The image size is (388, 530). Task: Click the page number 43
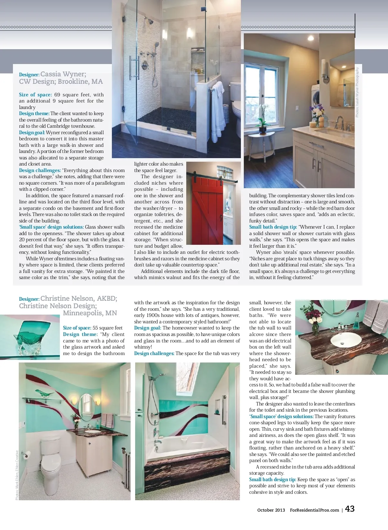pyautogui.click(x=350, y=509)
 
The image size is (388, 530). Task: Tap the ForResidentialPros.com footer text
pyautogui.click(x=314, y=510)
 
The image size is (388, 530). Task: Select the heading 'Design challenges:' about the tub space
pyautogui.click(x=154, y=353)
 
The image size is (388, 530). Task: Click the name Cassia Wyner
pyautogui.click(x=63, y=74)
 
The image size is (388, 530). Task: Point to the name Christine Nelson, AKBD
pyautogui.click(x=79, y=298)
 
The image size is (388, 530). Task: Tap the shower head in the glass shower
pyautogui.click(x=149, y=21)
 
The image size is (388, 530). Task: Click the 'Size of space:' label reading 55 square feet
pyautogui.click(x=77, y=328)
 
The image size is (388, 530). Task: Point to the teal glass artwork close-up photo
pyautogui.click(x=30, y=337)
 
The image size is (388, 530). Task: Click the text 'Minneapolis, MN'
pyautogui.click(x=90, y=313)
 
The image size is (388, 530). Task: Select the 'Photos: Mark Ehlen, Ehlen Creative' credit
pyautogui.click(x=17, y=475)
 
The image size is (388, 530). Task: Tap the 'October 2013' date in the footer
pyautogui.click(x=271, y=510)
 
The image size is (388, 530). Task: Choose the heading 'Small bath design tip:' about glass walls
pyautogui.click(x=273, y=227)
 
